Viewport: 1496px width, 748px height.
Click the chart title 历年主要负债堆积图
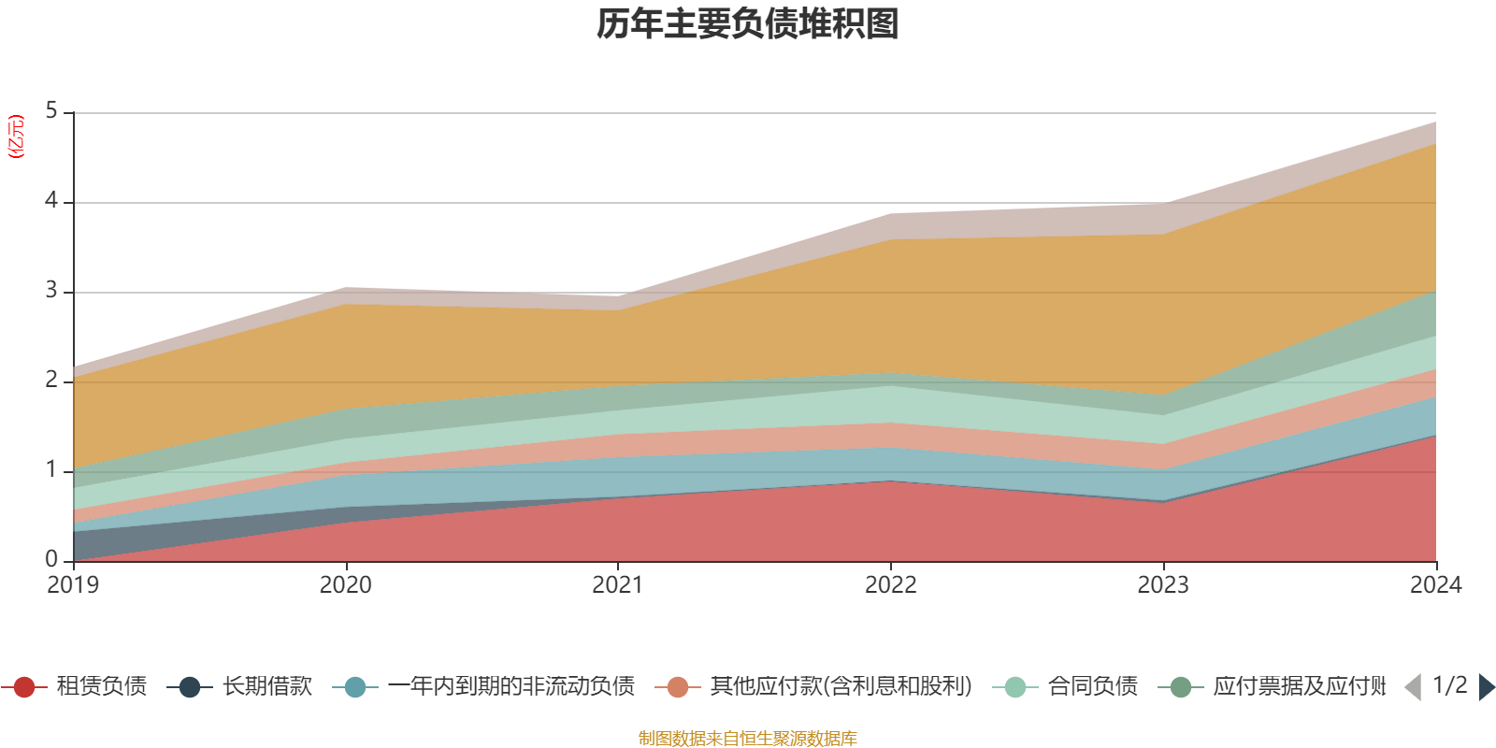tap(748, 25)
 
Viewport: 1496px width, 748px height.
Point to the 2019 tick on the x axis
tap(73, 585)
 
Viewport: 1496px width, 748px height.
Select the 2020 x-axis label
tap(345, 585)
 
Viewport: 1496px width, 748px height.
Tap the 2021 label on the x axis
tap(618, 585)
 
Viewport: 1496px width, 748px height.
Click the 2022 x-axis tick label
tap(890, 585)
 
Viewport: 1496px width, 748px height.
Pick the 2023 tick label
tap(1163, 585)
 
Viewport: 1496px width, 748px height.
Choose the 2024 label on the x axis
tap(1435, 585)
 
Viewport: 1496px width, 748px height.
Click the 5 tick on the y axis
tap(51, 111)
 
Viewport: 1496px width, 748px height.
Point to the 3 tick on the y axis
tap(51, 291)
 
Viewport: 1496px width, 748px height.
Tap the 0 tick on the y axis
tap(51, 559)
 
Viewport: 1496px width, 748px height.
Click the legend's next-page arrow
tap(1487, 687)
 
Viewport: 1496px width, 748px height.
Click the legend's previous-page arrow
tap(1413, 687)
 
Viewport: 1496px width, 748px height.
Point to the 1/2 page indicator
tap(1449, 685)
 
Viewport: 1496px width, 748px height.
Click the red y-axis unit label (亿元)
tap(16, 137)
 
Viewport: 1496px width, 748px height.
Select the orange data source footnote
tap(747, 739)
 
